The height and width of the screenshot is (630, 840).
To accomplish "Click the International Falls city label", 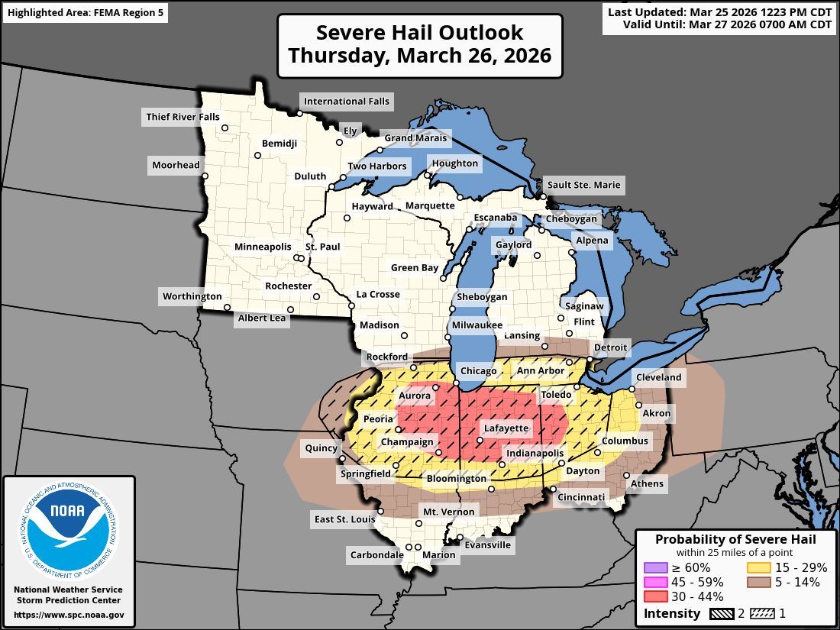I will tap(346, 101).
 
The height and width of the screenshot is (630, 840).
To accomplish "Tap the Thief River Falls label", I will tap(182, 117).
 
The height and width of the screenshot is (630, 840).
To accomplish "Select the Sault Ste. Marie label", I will tap(583, 185).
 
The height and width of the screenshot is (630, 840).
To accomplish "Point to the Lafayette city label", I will tap(506, 429).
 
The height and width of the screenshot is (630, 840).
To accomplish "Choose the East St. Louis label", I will tap(344, 520).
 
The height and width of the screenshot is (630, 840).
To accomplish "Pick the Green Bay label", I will tap(415, 268).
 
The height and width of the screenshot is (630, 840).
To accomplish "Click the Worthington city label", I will tap(192, 296).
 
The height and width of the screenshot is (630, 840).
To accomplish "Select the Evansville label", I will tap(487, 545).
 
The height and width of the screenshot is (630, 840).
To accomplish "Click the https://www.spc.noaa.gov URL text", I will tap(69, 615).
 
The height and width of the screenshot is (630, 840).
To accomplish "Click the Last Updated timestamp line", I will tap(719, 11).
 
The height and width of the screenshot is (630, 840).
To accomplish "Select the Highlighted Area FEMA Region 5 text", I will tap(85, 13).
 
